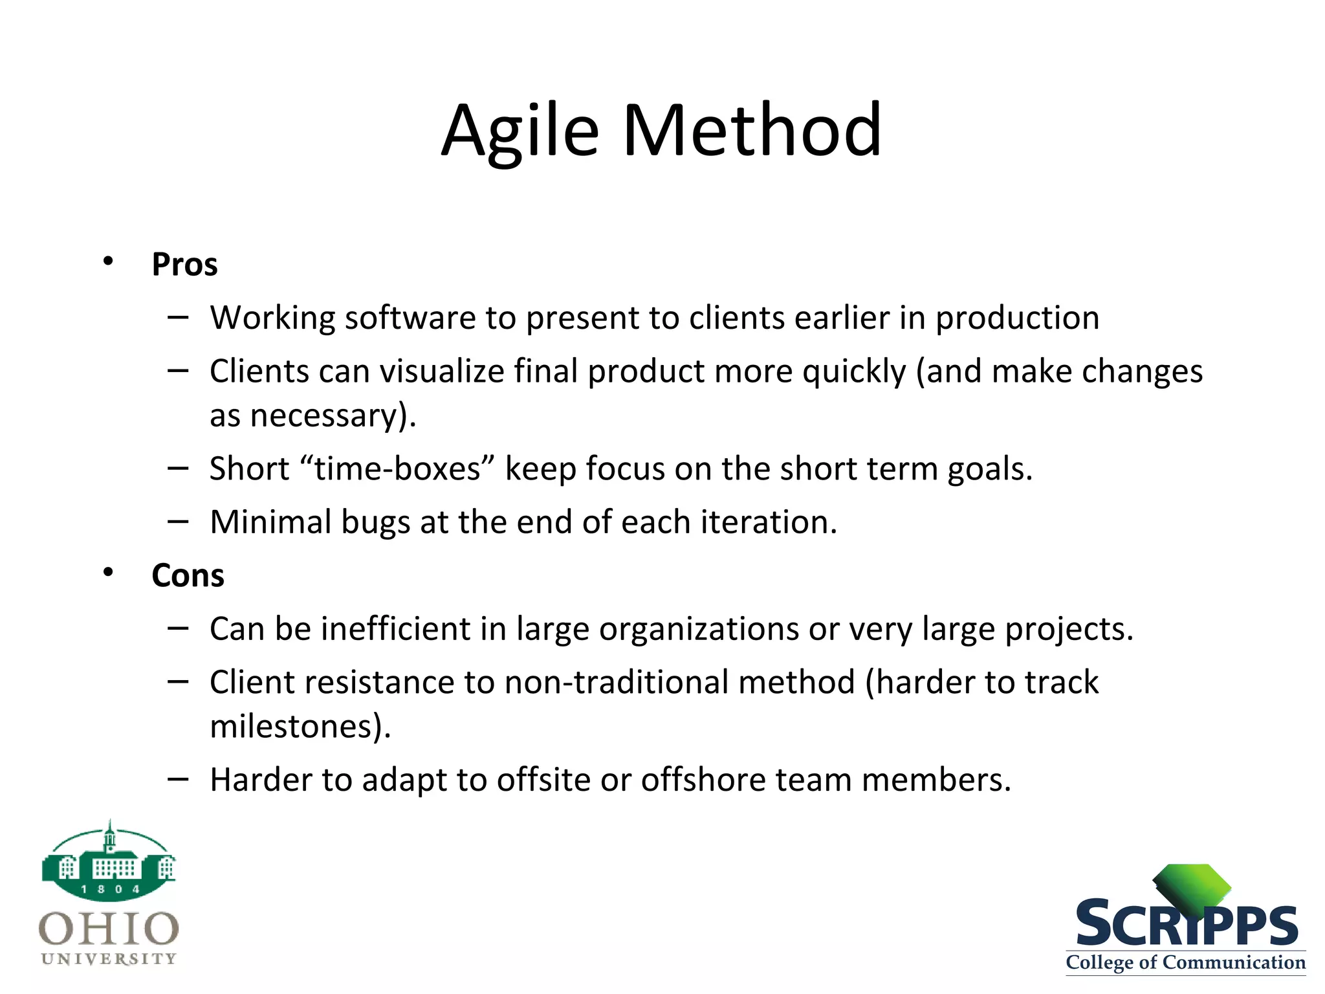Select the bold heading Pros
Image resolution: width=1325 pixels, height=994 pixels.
[184, 265]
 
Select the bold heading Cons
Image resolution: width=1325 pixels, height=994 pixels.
[188, 575]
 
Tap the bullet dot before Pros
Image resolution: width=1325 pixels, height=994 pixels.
[108, 261]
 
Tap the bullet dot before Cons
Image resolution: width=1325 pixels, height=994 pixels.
[108, 572]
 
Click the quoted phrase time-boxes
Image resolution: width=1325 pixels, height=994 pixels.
[398, 469]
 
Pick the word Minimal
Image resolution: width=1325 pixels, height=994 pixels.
[270, 522]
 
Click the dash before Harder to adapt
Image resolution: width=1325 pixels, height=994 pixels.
[178, 779]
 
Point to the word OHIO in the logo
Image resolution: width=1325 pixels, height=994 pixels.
[109, 929]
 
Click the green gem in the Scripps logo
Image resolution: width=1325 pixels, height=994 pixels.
[1192, 887]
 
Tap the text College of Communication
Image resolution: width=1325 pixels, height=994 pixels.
[1185, 962]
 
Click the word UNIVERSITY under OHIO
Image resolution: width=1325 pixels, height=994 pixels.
[109, 958]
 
